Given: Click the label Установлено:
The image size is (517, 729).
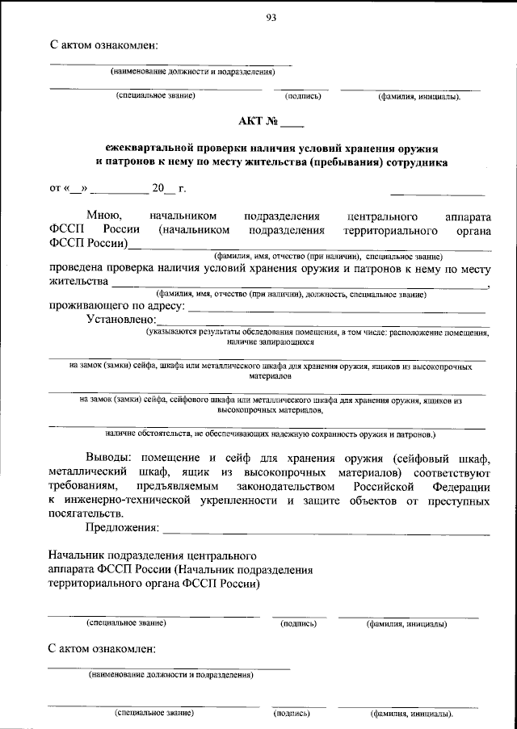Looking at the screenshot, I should [120, 320].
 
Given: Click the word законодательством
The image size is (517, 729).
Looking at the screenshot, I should [275, 487].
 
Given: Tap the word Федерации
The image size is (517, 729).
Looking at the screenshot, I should [460, 487].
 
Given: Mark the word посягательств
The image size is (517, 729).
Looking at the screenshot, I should [86, 514].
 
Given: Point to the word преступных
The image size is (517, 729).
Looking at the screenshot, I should [452, 501].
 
